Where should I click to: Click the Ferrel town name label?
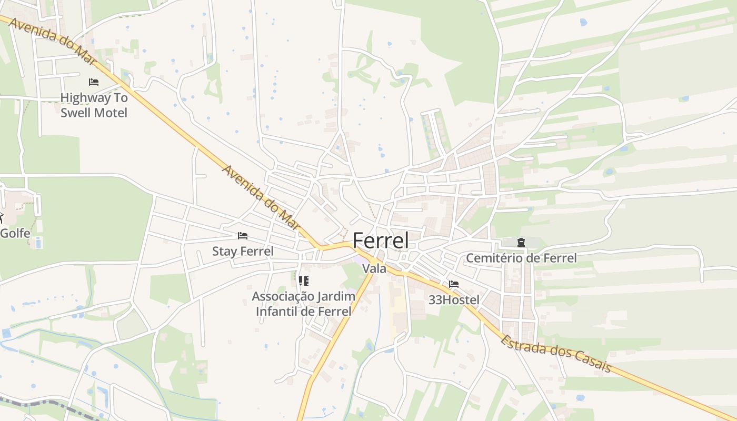tap(380, 240)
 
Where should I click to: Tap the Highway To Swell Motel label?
tap(94, 105)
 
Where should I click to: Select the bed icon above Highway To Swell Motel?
tap(94, 82)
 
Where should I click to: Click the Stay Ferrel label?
tap(243, 252)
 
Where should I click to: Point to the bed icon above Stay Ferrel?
tap(242, 235)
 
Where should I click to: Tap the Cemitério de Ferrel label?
tap(521, 258)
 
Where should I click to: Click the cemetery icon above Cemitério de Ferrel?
tap(521, 243)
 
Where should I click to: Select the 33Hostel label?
tap(454, 300)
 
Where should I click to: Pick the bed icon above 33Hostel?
tap(454, 284)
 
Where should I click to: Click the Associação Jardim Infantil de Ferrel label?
tap(303, 304)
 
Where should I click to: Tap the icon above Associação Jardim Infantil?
tap(303, 281)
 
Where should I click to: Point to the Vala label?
tap(374, 269)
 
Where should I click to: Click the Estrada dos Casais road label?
tap(556, 353)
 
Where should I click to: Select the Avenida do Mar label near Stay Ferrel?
tap(261, 198)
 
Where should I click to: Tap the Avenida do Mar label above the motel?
tap(52, 42)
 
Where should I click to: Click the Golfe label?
tap(14, 233)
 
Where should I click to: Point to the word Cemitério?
tap(493, 258)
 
